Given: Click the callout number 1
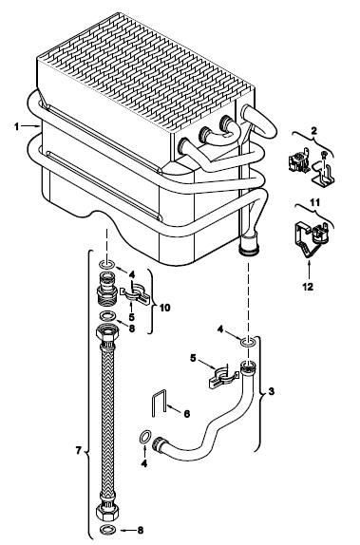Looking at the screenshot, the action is pos(16,126).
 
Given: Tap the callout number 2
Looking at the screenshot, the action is pos(313,131).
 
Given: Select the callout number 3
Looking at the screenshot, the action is pos(272,391).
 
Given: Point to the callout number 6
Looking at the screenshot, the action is pos(187,414).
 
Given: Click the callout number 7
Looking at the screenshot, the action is pos(79,451).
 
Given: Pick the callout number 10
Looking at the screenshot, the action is pos(165,308).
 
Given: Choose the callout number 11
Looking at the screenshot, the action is pos(314,202).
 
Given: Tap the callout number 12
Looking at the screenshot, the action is pos(308,287).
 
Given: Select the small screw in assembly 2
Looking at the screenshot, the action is pos(324,155).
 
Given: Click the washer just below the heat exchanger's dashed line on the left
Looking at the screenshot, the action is pos(107,265).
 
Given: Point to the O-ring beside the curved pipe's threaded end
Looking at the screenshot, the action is pos(145,437).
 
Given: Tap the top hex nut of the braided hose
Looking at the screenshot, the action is pos(107,333).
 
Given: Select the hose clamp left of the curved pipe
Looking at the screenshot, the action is pos(222,378).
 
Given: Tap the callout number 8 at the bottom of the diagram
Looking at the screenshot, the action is pos(141,530).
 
